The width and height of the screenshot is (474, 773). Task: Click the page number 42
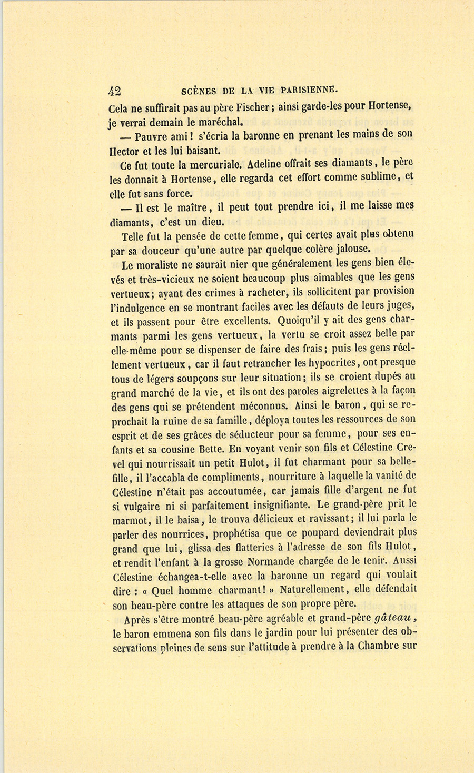click(x=115, y=91)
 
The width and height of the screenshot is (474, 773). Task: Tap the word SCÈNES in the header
click(x=198, y=90)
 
